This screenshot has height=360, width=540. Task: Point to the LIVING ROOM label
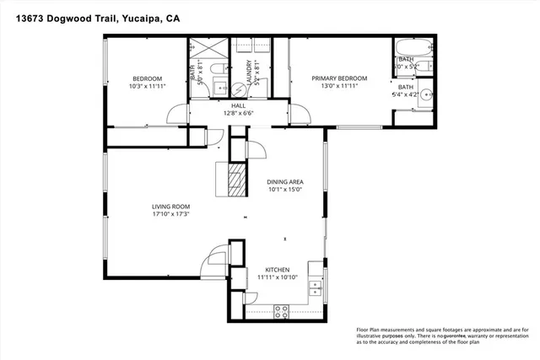tap(170, 207)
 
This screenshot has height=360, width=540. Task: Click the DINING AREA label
tap(284, 181)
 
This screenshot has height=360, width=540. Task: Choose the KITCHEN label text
tap(278, 267)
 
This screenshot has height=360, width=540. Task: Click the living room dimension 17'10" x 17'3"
tap(170, 215)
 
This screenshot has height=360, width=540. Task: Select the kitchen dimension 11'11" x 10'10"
tap(278, 276)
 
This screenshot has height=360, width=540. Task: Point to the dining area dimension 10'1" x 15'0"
tap(284, 190)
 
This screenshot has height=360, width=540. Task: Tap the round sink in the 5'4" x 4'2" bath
tap(425, 94)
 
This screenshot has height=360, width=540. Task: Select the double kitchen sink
tap(317, 287)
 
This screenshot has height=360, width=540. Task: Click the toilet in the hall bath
tap(218, 69)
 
